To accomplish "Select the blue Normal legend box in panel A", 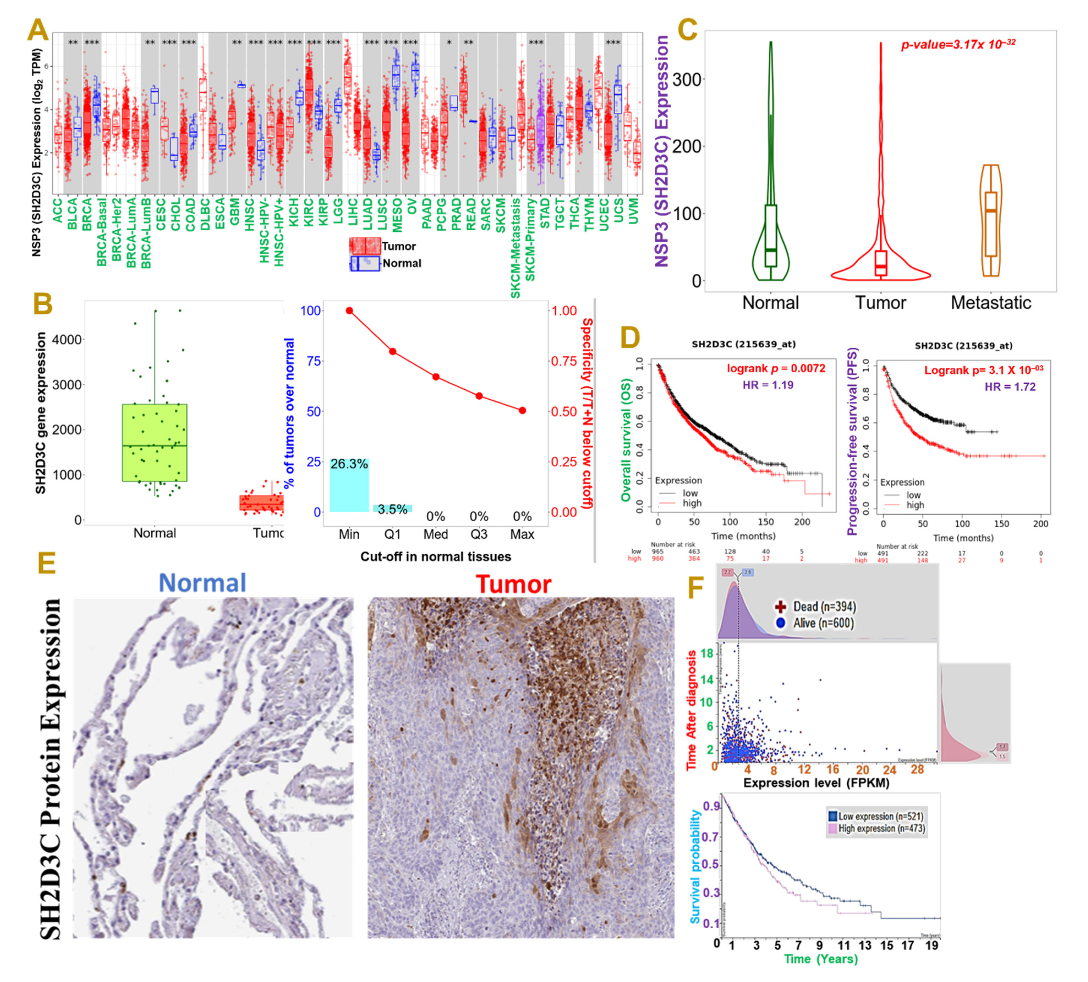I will tap(365, 263).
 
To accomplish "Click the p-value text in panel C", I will tap(958, 44).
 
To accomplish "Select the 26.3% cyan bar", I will tap(349, 485).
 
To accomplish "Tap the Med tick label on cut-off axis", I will tap(436, 534).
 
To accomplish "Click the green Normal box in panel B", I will tap(154, 443).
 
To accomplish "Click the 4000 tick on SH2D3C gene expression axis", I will tap(67, 340).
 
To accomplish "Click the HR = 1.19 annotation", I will tap(768, 385).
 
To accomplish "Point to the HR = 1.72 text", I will tap(1010, 387).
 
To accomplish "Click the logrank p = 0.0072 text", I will tap(775, 369).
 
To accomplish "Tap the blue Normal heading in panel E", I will tap(203, 583).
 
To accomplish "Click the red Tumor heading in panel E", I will tap(513, 584).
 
